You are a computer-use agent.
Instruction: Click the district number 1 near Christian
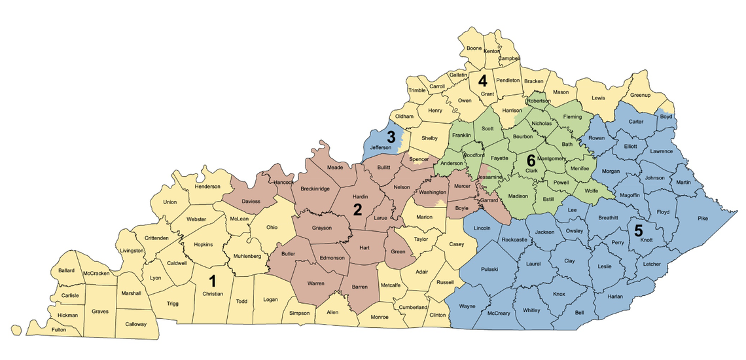click(x=212, y=281)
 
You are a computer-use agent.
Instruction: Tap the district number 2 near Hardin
click(x=357, y=209)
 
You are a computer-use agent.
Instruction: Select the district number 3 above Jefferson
click(x=391, y=137)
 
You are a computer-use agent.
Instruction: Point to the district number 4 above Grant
click(x=483, y=81)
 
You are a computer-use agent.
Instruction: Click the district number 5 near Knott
click(x=638, y=230)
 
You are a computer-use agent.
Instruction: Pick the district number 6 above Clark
click(x=531, y=159)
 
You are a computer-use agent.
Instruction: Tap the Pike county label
click(x=703, y=218)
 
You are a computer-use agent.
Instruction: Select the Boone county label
click(x=474, y=48)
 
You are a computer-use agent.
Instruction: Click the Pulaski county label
click(x=489, y=269)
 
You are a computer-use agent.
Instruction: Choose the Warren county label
click(x=317, y=283)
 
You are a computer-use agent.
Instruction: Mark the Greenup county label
click(x=640, y=96)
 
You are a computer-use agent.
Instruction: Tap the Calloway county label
click(x=135, y=324)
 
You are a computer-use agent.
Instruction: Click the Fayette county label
click(x=500, y=158)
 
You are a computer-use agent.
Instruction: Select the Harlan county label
click(x=614, y=297)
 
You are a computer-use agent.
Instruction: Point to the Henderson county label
click(x=207, y=187)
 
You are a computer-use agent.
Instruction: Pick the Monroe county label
click(x=380, y=317)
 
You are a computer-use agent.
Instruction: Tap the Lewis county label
click(x=598, y=98)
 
